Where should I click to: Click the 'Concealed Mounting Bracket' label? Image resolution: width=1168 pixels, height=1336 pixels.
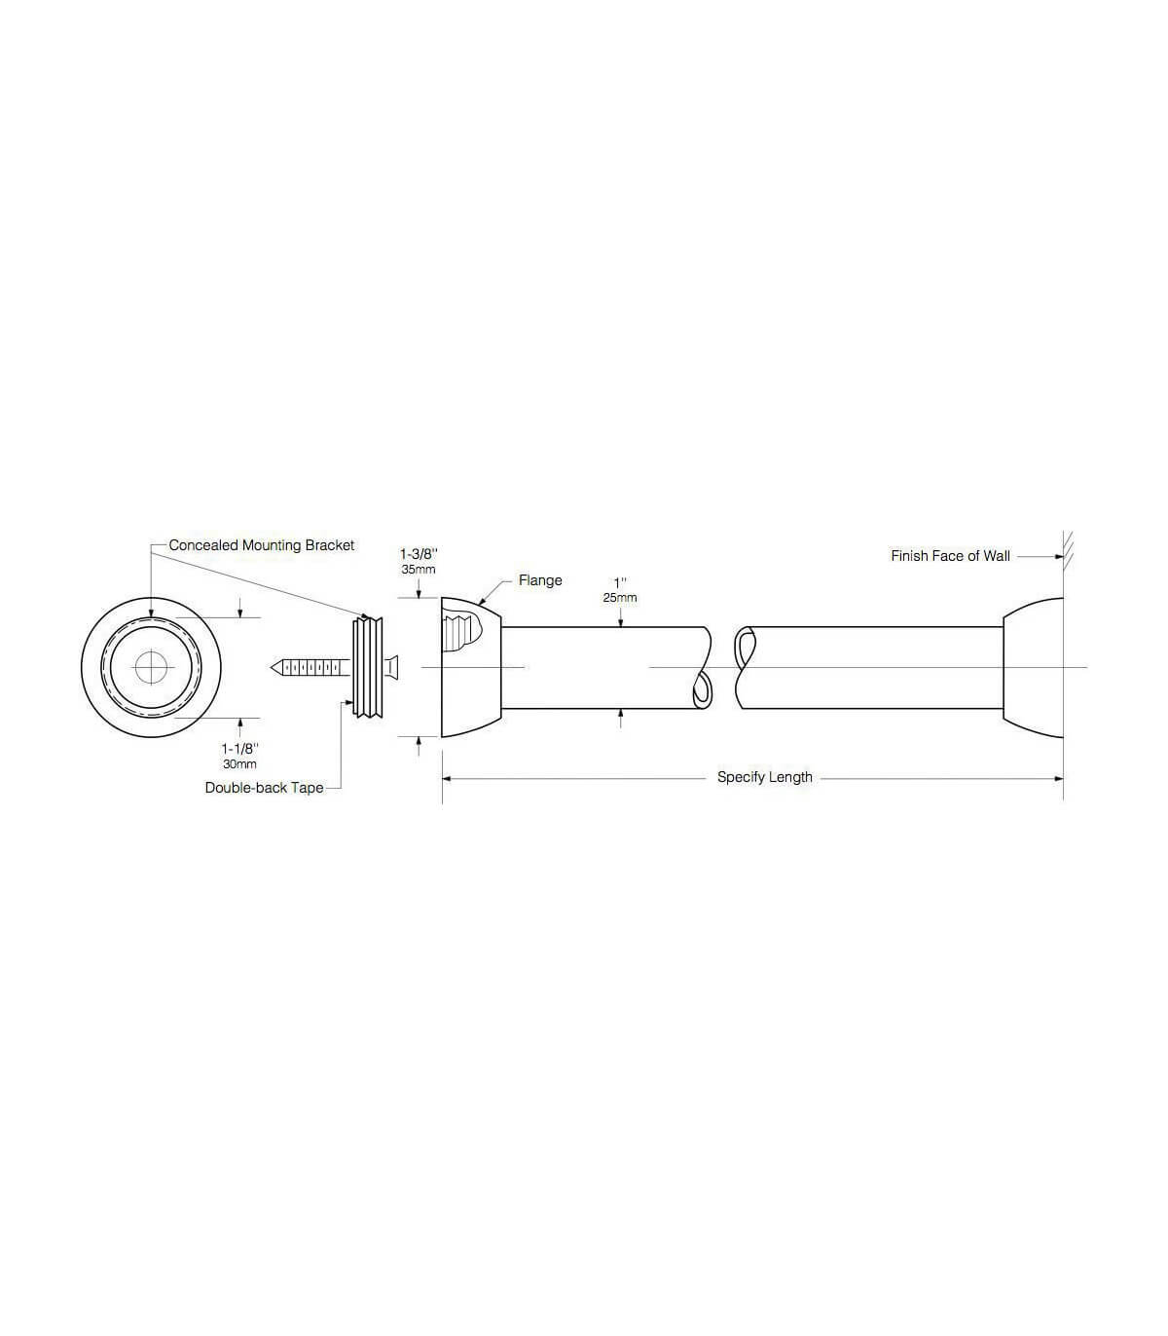tap(262, 545)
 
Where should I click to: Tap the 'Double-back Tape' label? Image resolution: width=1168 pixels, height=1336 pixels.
tap(264, 788)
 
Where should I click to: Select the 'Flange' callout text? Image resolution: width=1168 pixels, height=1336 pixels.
tap(540, 580)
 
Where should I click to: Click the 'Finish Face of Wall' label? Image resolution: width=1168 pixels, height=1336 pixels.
tap(950, 556)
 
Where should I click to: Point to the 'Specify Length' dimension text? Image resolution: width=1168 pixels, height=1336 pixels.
tap(764, 777)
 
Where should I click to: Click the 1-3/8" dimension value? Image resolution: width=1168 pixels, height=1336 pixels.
tap(419, 553)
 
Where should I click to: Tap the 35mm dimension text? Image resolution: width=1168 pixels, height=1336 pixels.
tap(419, 570)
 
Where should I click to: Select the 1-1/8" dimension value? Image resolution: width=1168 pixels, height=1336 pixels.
tap(239, 748)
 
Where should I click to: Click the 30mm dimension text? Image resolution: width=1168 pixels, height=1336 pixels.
tap(239, 764)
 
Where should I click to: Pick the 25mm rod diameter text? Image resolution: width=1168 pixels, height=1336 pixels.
tap(619, 597)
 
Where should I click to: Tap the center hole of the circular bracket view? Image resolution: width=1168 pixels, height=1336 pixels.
tap(151, 667)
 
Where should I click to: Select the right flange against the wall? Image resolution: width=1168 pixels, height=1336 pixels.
tap(1033, 667)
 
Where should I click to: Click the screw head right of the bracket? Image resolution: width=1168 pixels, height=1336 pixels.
tap(391, 667)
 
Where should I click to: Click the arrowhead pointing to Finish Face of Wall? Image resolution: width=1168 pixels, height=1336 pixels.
tap(1057, 557)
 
